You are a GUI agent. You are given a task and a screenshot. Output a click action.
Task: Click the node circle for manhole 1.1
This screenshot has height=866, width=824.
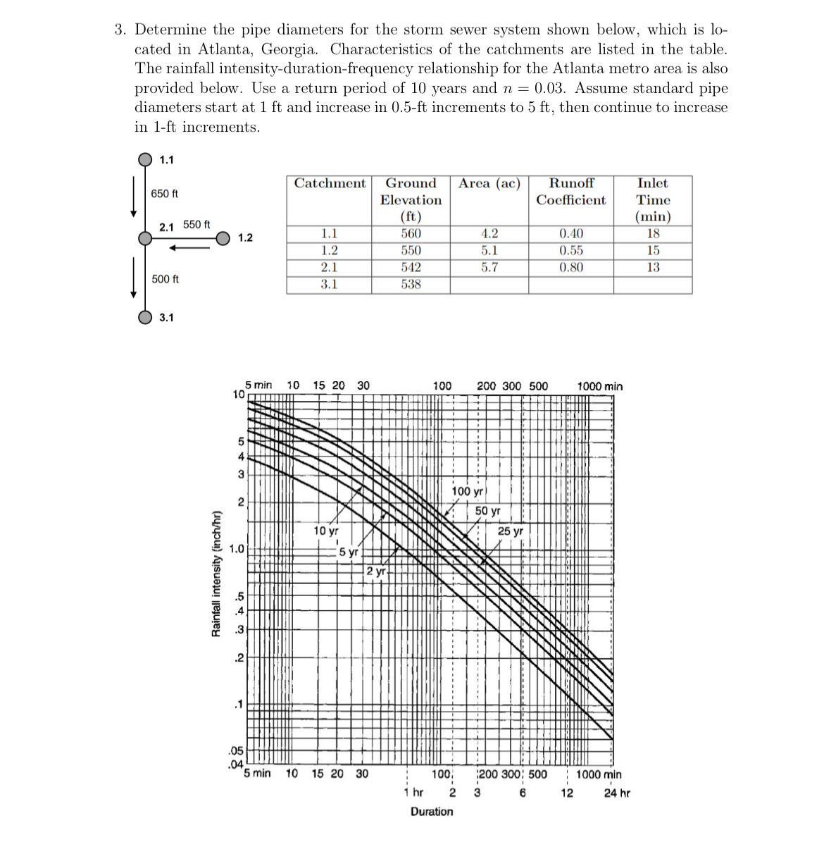point(144,159)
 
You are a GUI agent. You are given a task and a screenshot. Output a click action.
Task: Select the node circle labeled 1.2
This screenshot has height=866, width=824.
point(223,238)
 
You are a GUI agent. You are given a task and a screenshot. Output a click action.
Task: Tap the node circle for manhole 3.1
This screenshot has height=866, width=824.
point(144,316)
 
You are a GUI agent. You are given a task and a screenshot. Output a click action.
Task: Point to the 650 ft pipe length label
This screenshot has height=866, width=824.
point(165,194)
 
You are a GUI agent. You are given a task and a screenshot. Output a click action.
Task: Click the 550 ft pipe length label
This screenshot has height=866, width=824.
point(196,225)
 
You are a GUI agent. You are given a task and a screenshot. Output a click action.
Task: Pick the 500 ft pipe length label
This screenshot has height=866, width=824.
point(166,279)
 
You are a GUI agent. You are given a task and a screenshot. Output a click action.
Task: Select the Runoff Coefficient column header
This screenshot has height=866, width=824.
point(570,192)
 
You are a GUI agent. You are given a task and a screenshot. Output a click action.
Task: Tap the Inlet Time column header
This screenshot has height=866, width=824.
point(652,199)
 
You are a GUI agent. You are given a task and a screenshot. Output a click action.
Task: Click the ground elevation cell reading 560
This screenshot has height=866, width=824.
point(411,234)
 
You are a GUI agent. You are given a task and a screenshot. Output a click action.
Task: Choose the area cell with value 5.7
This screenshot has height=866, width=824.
point(489,267)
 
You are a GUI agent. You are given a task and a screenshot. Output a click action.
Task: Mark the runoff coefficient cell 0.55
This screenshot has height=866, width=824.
point(570,250)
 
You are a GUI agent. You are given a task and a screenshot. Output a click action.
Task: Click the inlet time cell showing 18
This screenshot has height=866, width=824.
point(652,234)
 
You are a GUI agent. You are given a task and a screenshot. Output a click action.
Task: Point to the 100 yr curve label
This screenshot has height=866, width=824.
point(467,491)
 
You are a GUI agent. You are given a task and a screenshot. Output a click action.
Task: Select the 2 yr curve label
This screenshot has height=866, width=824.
point(376,571)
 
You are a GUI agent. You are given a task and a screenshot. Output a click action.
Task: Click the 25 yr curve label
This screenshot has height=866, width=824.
point(510,531)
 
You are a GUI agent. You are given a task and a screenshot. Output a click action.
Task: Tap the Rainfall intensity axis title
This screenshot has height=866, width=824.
point(218,573)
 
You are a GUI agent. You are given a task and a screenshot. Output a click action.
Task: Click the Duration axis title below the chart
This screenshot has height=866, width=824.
point(432,812)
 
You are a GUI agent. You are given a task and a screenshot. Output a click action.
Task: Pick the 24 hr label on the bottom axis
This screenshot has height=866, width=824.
point(617,793)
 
